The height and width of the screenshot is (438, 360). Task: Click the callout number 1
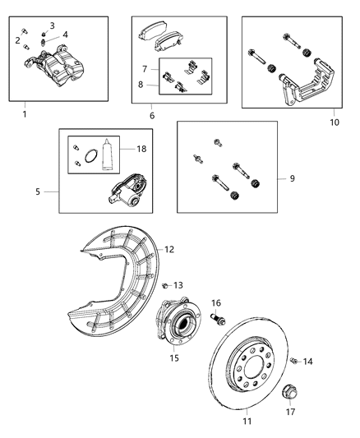tap(24, 113)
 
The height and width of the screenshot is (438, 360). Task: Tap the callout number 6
tap(151, 117)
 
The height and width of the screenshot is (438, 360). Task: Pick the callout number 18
tap(142, 150)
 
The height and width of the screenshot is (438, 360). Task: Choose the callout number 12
tap(169, 249)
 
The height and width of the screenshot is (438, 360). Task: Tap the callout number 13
tap(178, 285)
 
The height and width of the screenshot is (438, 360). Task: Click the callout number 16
tap(217, 302)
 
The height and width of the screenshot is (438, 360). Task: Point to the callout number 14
tap(309, 362)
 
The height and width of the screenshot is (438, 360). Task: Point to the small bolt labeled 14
tap(293, 360)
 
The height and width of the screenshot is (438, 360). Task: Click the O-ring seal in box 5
tap(79, 150)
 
